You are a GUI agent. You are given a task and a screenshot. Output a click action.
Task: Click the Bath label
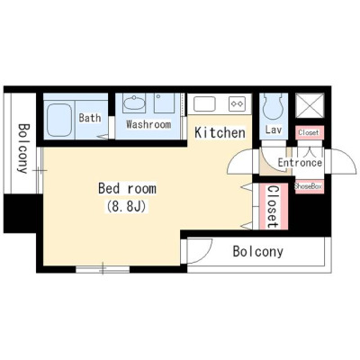pyautogui.click(x=90, y=118)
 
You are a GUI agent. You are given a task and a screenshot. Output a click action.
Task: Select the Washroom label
pyautogui.click(x=148, y=124)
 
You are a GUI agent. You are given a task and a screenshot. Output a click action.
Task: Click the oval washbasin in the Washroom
pyautogui.click(x=133, y=104)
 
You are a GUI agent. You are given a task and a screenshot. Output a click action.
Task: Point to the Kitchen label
pyautogui.click(x=220, y=132)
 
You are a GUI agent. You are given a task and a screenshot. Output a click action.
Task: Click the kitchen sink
pyautogui.click(x=204, y=104)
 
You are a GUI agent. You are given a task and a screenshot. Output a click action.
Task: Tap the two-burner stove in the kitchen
pyautogui.click(x=237, y=103)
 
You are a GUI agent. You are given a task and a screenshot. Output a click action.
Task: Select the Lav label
pyautogui.click(x=274, y=130)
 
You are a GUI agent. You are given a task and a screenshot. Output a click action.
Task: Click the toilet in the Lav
pyautogui.click(x=274, y=107)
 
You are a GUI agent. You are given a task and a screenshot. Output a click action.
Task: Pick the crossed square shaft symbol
pyautogui.click(x=310, y=105)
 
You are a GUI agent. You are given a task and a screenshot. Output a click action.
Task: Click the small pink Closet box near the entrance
pyautogui.click(x=310, y=132)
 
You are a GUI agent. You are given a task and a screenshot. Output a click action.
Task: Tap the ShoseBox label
pyautogui.click(x=309, y=186)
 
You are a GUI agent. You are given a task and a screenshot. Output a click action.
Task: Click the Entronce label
pyautogui.click(x=300, y=163)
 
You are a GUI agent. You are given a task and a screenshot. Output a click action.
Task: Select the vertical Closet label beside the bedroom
pyautogui.click(x=273, y=207)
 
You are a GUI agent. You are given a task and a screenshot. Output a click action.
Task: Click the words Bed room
pyautogui.click(x=127, y=189)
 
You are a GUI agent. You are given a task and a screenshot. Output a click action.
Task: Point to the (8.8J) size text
pyautogui.click(x=126, y=206)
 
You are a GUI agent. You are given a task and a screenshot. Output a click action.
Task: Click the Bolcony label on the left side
pyautogui.click(x=22, y=148)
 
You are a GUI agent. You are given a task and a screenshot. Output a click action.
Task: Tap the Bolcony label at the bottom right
pyautogui.click(x=258, y=251)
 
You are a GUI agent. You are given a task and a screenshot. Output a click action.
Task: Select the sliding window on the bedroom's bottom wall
pyautogui.click(x=103, y=269)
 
